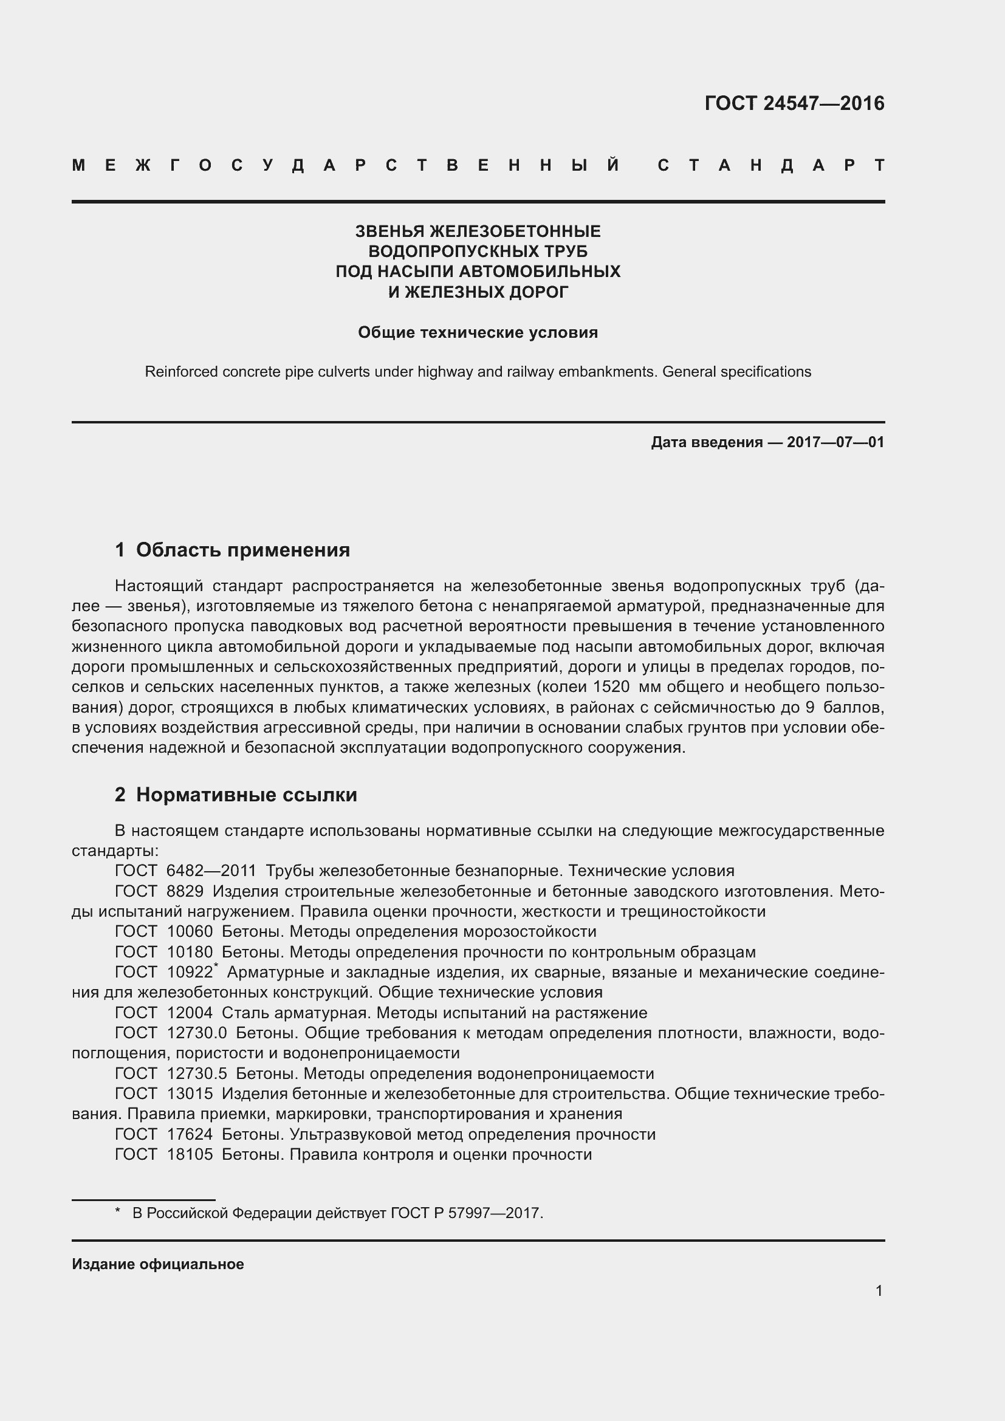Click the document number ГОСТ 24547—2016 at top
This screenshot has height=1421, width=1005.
click(794, 103)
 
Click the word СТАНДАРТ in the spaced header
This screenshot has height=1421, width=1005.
click(771, 166)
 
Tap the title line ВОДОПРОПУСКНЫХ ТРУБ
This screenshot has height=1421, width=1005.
click(478, 252)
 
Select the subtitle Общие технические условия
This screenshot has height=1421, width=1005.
click(478, 333)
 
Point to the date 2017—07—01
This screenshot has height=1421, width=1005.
click(835, 442)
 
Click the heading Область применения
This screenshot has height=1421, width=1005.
click(242, 550)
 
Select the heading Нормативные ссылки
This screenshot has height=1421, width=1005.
click(246, 795)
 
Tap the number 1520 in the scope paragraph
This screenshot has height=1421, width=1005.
click(611, 687)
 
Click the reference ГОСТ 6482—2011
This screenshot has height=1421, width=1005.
click(186, 871)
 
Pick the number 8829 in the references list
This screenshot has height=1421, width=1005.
click(185, 891)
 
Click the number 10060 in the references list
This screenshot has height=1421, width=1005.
click(190, 931)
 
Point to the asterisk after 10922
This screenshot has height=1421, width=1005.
click(216, 966)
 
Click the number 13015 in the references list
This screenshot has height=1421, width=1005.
click(190, 1094)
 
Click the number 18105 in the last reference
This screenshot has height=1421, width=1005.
click(190, 1154)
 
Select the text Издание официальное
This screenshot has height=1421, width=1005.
click(158, 1264)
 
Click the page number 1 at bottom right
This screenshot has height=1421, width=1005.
click(879, 1291)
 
